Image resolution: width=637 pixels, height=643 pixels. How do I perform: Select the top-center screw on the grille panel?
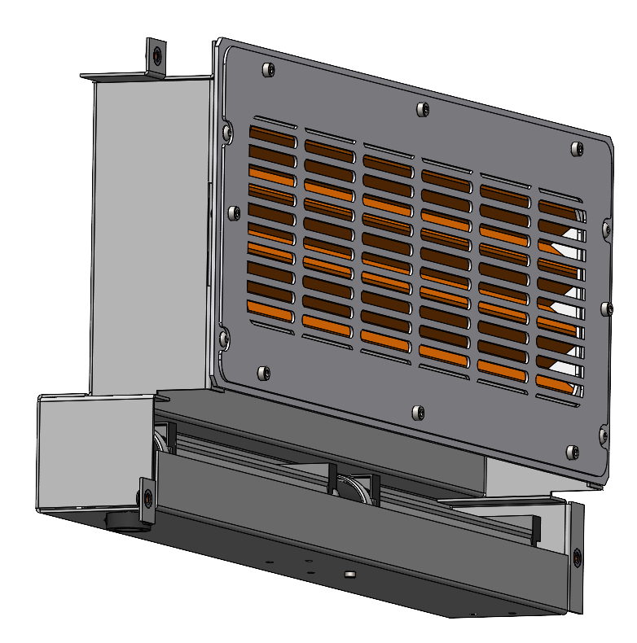pos(423,109)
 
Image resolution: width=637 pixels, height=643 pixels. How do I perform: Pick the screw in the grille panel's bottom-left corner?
pos(262,373)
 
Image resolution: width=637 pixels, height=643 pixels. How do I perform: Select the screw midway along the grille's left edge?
pos(235,212)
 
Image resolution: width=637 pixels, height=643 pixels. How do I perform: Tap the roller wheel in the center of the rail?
pos(355,492)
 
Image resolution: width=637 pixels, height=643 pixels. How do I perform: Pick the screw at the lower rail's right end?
pos(577,558)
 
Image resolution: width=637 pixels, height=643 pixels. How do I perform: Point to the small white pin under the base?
pos(349,575)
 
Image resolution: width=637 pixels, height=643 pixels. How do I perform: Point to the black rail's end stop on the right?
pos(534,529)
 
